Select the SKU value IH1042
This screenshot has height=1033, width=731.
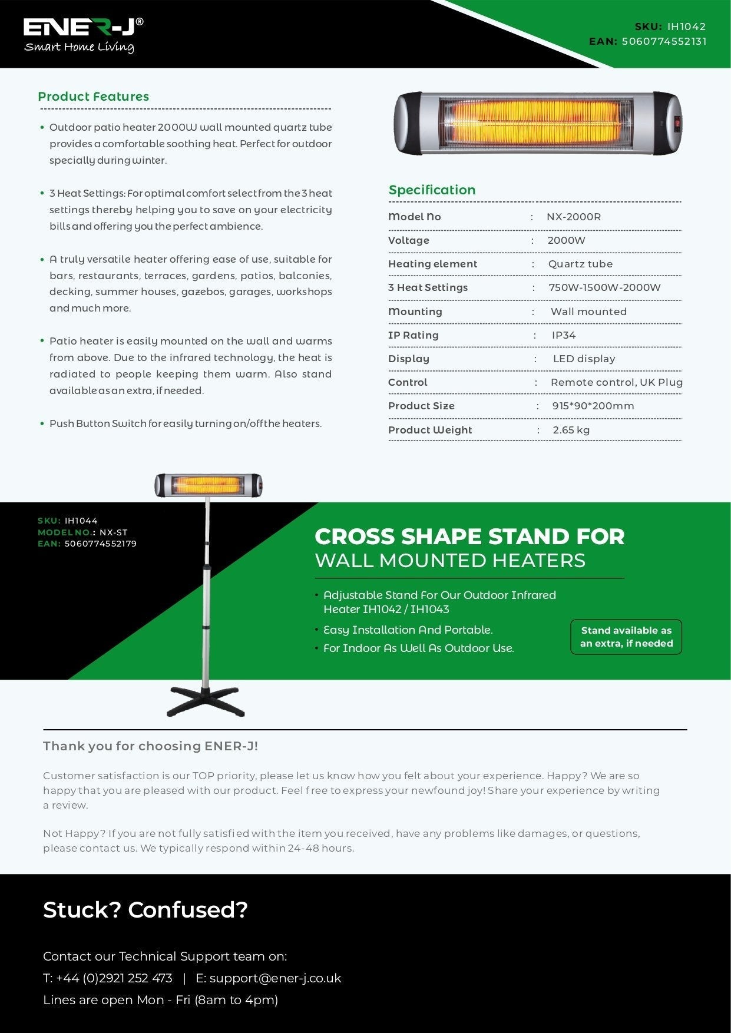686,27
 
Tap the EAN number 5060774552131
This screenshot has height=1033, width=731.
664,41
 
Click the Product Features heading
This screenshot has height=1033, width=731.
93,97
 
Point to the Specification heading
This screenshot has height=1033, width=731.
432,190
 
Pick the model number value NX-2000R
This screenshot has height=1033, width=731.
574,217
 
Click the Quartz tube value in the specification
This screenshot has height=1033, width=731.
580,264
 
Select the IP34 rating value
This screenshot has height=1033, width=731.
564,335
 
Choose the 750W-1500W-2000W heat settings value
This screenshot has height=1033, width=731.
604,287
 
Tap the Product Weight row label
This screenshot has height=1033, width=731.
430,430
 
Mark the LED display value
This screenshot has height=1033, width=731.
584,359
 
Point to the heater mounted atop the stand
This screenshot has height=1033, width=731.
209,485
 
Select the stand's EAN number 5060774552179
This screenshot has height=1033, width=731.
101,544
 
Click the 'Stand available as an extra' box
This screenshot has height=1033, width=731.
626,637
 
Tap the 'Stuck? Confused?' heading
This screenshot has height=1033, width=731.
145,910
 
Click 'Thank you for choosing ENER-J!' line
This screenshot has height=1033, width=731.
150,746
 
